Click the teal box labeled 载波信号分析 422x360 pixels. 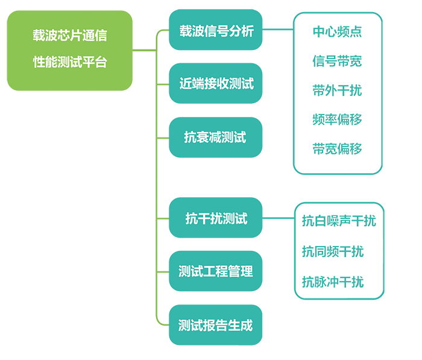click(216, 31)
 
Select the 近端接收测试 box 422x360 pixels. click(216, 84)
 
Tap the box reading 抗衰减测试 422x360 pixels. click(216, 137)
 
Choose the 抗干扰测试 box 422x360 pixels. click(216, 218)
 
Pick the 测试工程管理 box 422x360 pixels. click(216, 271)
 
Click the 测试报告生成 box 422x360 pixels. click(216, 326)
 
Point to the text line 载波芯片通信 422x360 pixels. click(70, 36)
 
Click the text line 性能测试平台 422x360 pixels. click(70, 62)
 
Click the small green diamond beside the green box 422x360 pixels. click(143, 51)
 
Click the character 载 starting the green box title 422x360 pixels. click(38, 36)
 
